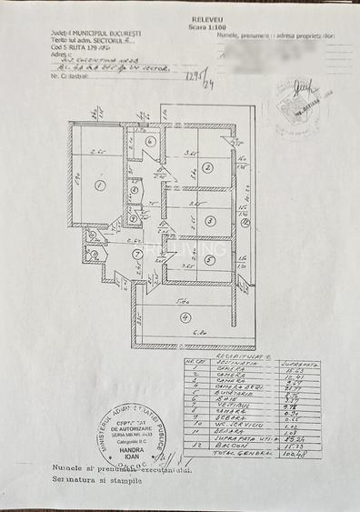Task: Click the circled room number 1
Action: click(99, 185)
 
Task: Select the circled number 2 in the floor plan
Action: click(207, 167)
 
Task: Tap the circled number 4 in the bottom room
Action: click(185, 317)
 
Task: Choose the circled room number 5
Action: click(208, 261)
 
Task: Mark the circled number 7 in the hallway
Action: click(136, 255)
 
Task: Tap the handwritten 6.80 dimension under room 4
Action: click(196, 333)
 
